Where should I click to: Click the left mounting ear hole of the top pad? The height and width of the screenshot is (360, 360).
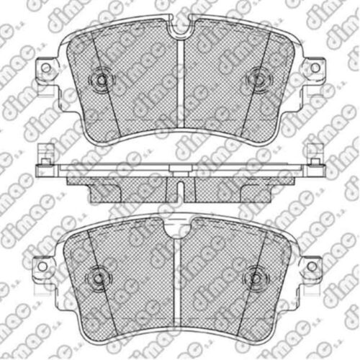coord(45,68)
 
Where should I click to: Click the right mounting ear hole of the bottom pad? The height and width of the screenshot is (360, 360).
coord(312,266)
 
